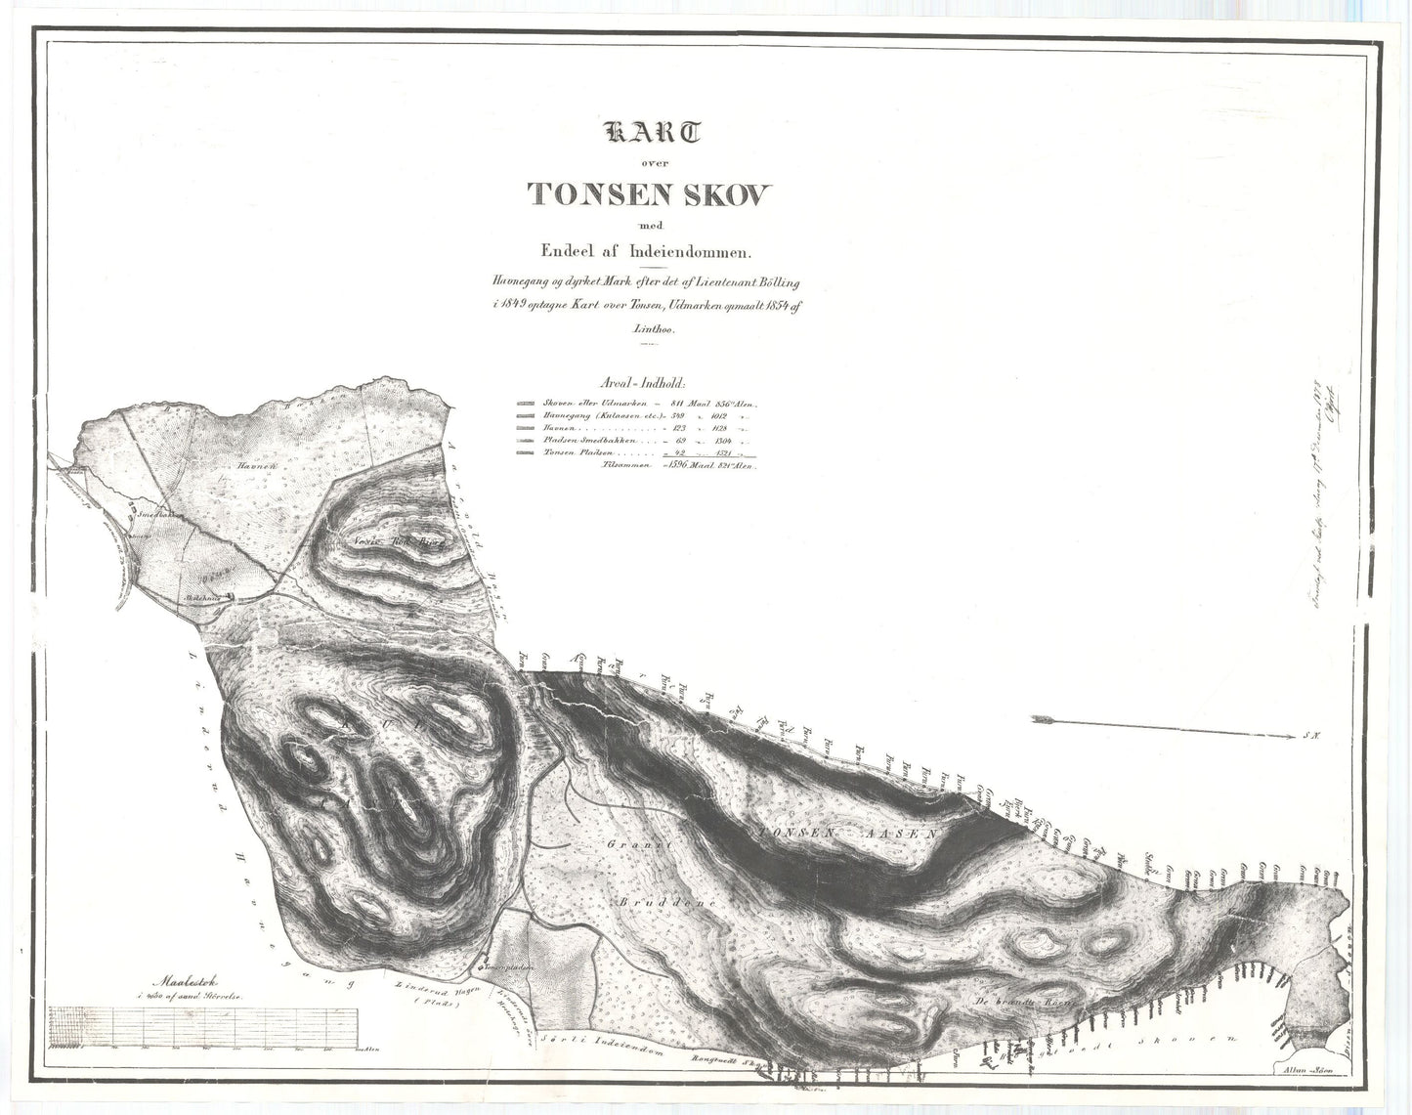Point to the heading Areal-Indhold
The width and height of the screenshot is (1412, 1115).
640,384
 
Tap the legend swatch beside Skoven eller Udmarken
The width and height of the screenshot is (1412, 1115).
525,404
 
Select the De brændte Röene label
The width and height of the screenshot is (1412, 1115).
1023,1003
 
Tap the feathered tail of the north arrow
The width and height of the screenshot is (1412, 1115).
1046,720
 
